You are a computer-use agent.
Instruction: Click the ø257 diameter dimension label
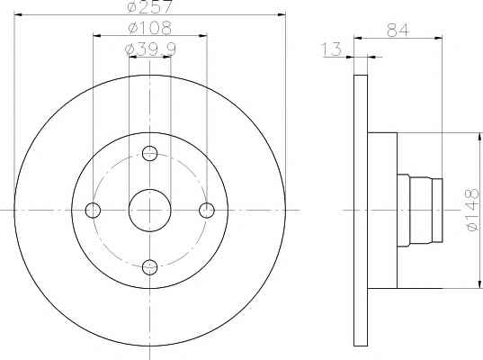149,7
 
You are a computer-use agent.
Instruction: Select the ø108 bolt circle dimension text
149,28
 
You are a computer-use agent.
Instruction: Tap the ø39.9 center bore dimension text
150,49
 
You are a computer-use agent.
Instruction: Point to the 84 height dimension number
398,30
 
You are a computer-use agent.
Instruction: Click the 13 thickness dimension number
332,49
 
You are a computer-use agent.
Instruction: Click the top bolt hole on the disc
150,154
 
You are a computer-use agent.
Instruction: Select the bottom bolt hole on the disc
150,267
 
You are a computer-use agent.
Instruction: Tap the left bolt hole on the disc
93,211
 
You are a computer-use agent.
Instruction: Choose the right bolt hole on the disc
207,211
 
